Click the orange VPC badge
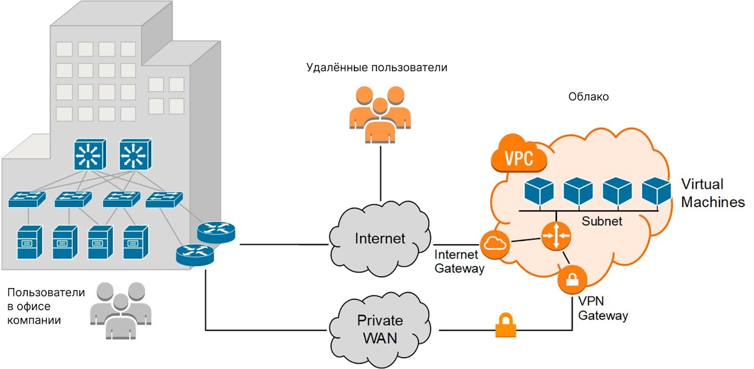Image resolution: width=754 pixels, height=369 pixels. pyautogui.click(x=519, y=156)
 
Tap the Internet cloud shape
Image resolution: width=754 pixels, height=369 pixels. pyautogui.click(x=380, y=239)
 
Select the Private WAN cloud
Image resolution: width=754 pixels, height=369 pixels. pyautogui.click(x=380, y=329)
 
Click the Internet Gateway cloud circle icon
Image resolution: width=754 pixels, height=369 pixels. pyautogui.click(x=495, y=244)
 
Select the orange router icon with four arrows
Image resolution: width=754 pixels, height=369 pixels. pyautogui.click(x=556, y=235)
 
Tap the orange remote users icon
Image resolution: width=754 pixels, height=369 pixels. pyautogui.click(x=380, y=114)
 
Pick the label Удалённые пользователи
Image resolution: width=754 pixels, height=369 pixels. pyautogui.click(x=377, y=67)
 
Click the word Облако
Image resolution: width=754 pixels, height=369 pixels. pyautogui.click(x=588, y=96)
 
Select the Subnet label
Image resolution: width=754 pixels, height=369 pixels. pyautogui.click(x=601, y=221)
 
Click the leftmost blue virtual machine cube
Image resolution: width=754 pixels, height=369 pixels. pyautogui.click(x=539, y=191)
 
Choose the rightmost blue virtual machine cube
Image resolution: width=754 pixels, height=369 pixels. pyautogui.click(x=656, y=191)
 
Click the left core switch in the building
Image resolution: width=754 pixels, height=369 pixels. pyautogui.click(x=90, y=154)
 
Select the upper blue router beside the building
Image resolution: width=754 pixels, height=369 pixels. pyautogui.click(x=216, y=232)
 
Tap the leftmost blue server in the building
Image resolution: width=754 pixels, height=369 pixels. pyautogui.click(x=29, y=242)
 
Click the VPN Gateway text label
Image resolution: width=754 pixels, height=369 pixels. pyautogui.click(x=602, y=308)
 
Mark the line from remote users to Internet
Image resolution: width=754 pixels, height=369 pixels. pyautogui.click(x=380, y=172)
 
